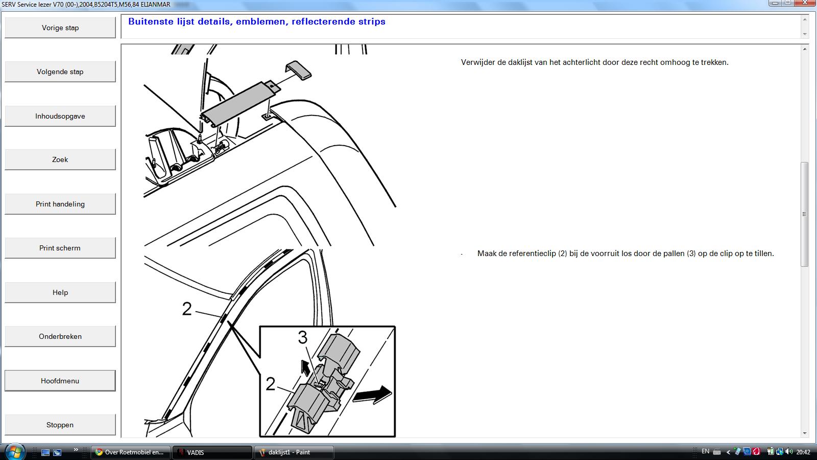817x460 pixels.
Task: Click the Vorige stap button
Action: [60, 28]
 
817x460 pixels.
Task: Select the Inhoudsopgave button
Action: [60, 116]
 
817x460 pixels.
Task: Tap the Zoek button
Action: [60, 159]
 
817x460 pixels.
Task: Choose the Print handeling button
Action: [60, 204]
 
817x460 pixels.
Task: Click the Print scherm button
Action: [60, 248]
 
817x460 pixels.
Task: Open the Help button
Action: [60, 292]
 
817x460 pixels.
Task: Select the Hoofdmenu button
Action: [60, 381]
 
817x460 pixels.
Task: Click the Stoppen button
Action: [60, 425]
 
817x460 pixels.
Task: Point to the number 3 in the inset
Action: [303, 337]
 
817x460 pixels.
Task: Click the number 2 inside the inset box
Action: [270, 384]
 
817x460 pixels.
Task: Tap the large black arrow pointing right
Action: [372, 395]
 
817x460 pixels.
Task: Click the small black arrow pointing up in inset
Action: [304, 367]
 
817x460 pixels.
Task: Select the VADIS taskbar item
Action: [212, 452]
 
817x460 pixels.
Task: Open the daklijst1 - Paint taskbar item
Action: [294, 452]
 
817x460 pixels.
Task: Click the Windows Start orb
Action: [15, 452]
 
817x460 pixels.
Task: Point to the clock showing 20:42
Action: [804, 452]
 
